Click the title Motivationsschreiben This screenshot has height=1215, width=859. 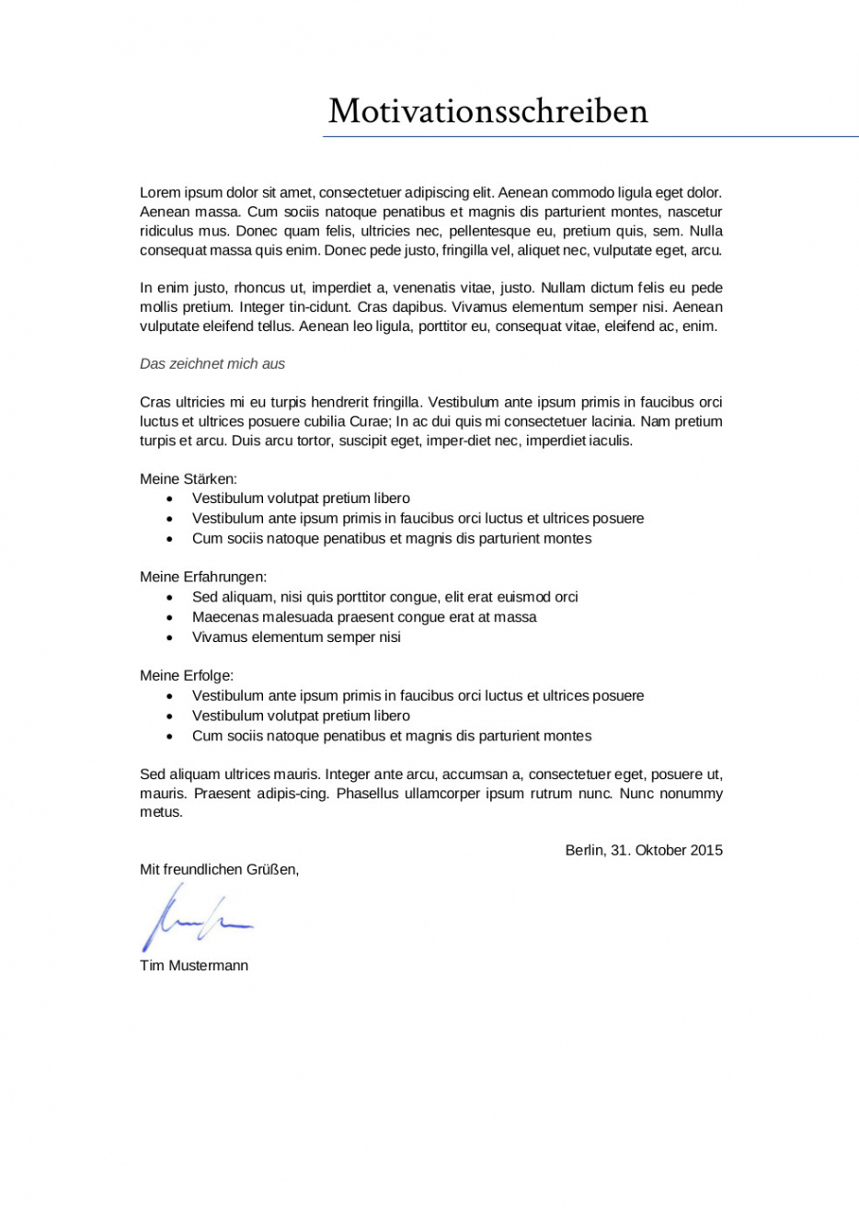coord(487,111)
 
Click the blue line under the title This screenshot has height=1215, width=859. coord(590,137)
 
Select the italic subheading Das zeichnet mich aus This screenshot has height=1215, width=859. coord(212,364)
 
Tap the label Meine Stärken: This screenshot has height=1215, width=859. coord(189,479)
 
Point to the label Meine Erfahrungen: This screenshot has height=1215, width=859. coord(203,578)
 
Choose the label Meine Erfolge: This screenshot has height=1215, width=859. coord(187,676)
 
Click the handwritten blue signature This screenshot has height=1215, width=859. coord(195,919)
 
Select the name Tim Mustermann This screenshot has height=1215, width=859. coord(194,966)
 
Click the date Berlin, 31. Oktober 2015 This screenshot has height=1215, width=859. coord(644,851)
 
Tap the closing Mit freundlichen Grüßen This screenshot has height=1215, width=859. coord(219,869)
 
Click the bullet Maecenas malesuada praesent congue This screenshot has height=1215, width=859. coord(364,617)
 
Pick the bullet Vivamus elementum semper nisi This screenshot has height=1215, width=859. coord(296,637)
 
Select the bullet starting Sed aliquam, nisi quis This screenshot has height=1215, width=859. coord(384,597)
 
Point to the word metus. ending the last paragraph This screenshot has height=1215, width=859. coord(161,812)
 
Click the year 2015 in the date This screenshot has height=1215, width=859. coord(705,851)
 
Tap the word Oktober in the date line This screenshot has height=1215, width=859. coord(659,851)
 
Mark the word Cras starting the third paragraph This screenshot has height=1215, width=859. coord(155,403)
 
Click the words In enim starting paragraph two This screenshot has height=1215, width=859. coord(165,288)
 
